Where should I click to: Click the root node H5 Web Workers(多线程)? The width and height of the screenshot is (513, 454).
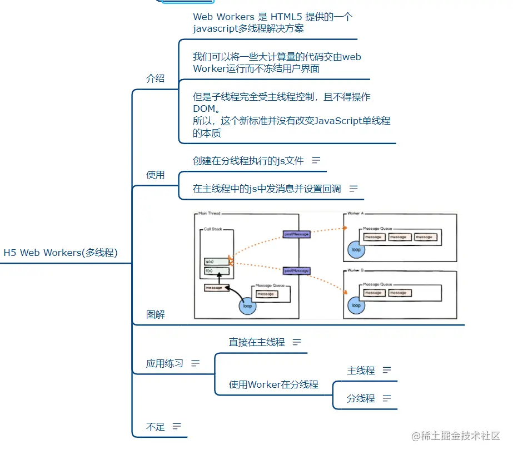coord(61,253)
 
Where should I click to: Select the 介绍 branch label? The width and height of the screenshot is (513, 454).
coord(155,78)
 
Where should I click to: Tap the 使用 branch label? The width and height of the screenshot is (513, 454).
coord(155,175)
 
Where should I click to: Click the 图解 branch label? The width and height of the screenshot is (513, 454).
coord(155,314)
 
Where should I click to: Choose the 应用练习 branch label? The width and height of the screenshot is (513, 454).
coord(165,363)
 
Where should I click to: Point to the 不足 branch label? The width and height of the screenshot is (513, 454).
coord(155,427)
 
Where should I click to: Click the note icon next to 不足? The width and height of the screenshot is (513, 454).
coord(177,427)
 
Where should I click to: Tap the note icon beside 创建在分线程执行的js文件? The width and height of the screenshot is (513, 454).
coord(316,160)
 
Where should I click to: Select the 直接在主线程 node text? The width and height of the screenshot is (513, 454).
coord(256,342)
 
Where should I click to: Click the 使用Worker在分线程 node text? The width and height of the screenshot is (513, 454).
coord(273,384)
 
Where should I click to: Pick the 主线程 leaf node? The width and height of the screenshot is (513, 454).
coord(361,371)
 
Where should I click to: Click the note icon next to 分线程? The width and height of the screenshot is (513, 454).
coord(387,398)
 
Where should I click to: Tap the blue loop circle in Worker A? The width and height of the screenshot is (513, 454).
coord(356,250)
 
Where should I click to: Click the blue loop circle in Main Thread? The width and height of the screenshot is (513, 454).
coord(247,306)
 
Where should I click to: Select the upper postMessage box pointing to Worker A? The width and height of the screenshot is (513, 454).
coord(296,234)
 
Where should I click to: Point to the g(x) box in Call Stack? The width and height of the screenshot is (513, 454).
coord(216,261)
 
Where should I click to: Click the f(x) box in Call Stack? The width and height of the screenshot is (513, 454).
coord(216,272)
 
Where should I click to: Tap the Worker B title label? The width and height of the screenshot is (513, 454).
coord(355,270)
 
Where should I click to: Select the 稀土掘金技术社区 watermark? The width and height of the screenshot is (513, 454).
coord(456,436)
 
